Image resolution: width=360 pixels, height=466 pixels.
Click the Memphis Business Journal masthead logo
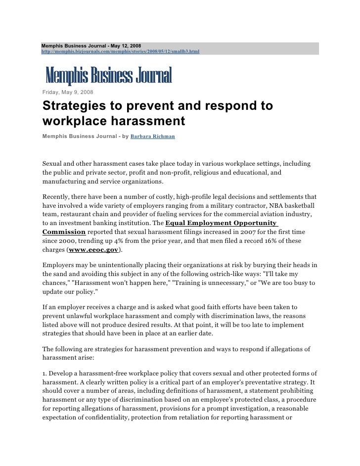[108, 76]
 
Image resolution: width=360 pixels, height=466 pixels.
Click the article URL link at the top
[120, 51]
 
